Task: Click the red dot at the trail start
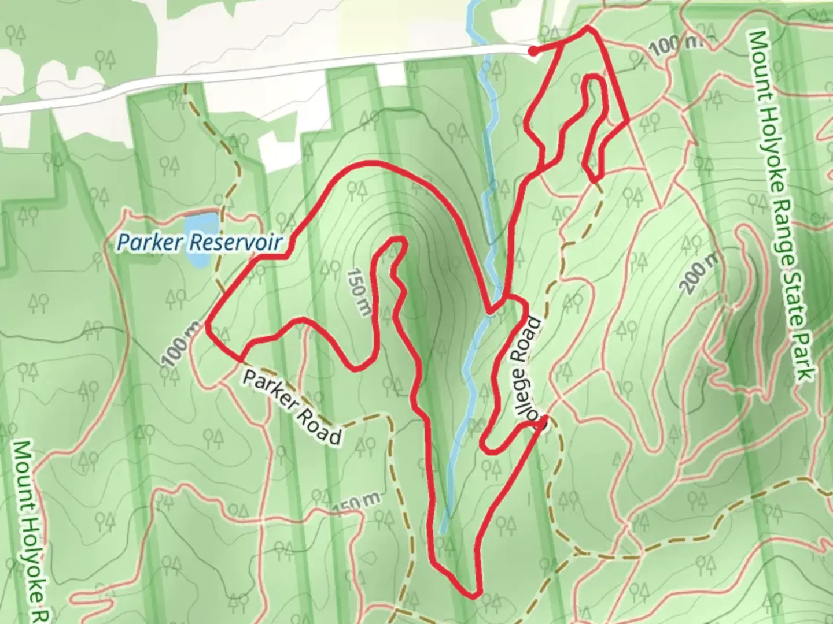coord(533,52)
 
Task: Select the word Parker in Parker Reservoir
coord(150,242)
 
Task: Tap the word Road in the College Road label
coord(528,341)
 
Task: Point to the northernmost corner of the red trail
coord(588,28)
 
